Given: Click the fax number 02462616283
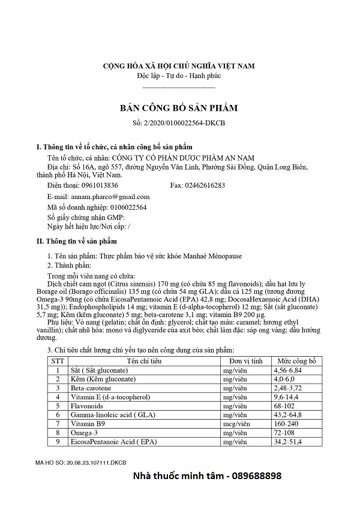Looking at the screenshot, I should tap(207, 185).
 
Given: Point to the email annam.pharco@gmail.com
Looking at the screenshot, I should tap(110, 196).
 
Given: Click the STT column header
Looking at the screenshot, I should tap(58, 361).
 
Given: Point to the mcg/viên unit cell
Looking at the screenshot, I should tap(235, 423).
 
